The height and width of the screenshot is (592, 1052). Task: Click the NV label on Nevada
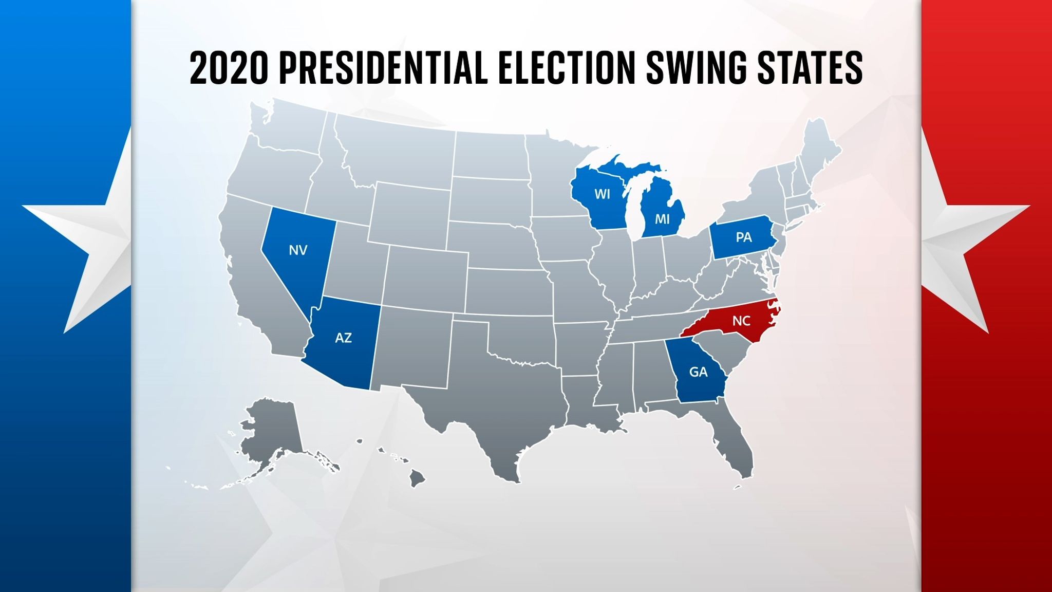(298, 250)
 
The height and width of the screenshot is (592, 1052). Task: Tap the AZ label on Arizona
(343, 338)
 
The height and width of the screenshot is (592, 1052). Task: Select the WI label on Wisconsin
(602, 194)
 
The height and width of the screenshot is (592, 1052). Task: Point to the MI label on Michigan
(662, 219)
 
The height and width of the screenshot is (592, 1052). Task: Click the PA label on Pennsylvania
(743, 237)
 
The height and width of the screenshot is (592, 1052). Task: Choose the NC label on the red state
(741, 321)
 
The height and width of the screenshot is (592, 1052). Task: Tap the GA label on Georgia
(698, 372)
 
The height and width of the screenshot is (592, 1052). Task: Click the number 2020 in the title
(229, 68)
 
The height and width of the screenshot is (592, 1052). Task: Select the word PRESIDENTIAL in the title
(383, 68)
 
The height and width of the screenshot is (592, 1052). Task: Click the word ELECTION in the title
(567, 68)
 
